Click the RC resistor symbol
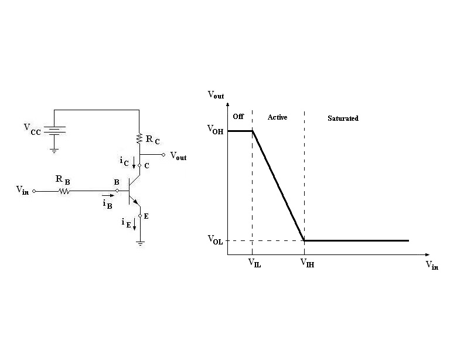pyautogui.click(x=139, y=138)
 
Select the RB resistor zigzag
pyautogui.click(x=64, y=191)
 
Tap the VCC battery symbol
pyautogui.click(x=54, y=131)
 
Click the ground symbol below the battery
pyautogui.click(x=54, y=151)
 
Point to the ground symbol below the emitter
pyautogui.click(x=140, y=244)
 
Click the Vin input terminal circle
pyautogui.click(x=34, y=191)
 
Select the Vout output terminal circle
pyautogui.click(x=163, y=155)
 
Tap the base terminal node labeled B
pyautogui.click(x=117, y=191)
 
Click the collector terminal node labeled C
pyautogui.click(x=139, y=165)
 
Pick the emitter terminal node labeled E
pyautogui.click(x=140, y=216)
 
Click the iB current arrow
pyautogui.click(x=108, y=195)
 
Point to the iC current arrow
pyautogui.click(x=134, y=163)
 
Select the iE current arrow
pyautogui.click(x=134, y=224)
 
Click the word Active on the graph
pyautogui.click(x=277, y=117)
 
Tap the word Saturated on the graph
pyautogui.click(x=343, y=118)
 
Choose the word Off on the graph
pyautogui.click(x=238, y=116)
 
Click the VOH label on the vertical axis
pyautogui.click(x=215, y=130)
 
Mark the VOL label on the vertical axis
pyautogui.click(x=215, y=240)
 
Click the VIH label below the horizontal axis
pyautogui.click(x=308, y=263)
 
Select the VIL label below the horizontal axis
pyautogui.click(x=255, y=263)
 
